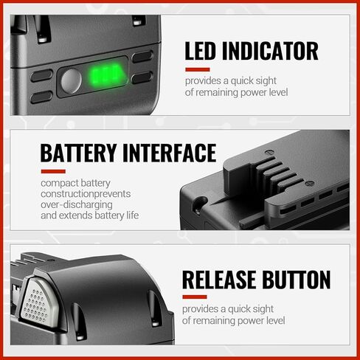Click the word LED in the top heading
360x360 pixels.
[200, 51]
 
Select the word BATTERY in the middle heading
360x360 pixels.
[78, 153]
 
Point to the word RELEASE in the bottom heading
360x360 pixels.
[218, 280]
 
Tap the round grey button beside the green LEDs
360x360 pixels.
[71, 81]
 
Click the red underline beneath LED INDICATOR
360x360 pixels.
[198, 69]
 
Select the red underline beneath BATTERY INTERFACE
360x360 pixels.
[53, 171]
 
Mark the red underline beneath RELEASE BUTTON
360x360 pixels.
[195, 297]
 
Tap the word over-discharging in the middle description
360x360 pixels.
[77, 204]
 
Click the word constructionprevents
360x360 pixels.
[86, 194]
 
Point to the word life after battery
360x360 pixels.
[133, 215]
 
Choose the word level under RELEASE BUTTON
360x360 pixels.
[277, 321]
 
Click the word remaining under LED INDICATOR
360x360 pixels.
[217, 93]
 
